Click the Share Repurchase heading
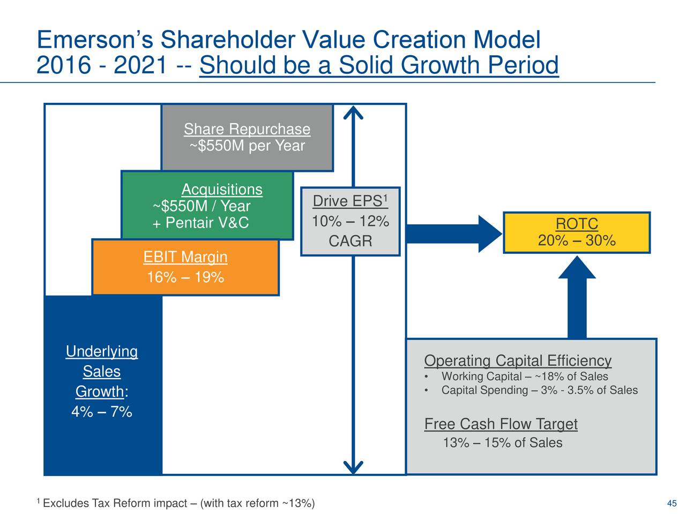(247, 129)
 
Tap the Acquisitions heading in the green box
(221, 190)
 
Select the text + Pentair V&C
(200, 223)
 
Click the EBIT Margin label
(185, 258)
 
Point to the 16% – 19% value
(185, 277)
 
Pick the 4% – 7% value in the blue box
(101, 412)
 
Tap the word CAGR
(350, 241)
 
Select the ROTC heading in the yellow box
(577, 224)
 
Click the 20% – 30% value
(577, 240)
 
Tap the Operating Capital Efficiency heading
(517, 361)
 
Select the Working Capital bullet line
(524, 376)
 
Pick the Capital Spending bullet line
(539, 390)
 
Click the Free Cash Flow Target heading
(501, 425)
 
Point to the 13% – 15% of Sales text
(502, 443)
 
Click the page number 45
(671, 503)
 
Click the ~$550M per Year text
(247, 146)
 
